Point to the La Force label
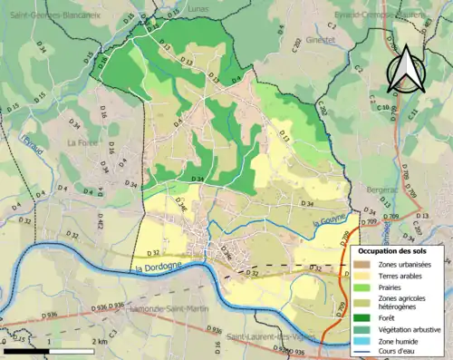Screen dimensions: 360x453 pos(83,141)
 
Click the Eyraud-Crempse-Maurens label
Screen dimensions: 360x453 pos(391,15)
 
